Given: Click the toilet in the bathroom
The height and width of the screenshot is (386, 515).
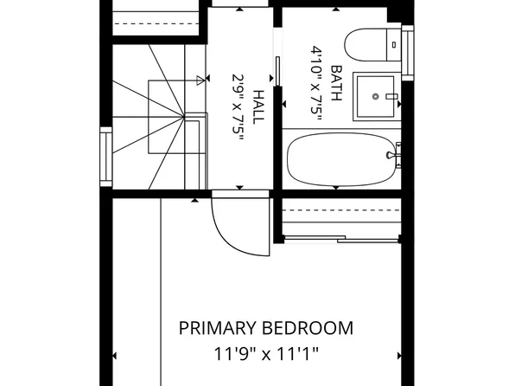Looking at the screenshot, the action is click(372, 45).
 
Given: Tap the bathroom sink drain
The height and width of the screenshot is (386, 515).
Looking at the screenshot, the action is click(376, 96).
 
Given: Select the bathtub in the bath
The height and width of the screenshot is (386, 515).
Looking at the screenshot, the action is click(341, 159).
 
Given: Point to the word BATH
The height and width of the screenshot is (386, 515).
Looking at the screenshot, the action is click(336, 84).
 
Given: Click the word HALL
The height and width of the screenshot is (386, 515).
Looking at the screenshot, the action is click(258, 107).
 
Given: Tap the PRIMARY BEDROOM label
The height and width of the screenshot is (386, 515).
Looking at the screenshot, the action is click(266, 328).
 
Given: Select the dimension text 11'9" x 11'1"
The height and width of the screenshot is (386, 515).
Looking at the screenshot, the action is click(266, 354).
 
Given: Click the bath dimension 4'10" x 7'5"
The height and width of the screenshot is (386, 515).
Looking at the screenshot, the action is click(315, 84).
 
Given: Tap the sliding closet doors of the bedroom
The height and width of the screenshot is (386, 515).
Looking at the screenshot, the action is click(341, 239).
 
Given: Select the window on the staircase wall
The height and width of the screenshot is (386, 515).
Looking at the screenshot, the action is click(105, 157).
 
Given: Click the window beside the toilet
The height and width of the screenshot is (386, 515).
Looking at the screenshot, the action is click(407, 53).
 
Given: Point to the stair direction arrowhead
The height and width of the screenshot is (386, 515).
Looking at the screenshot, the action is click(200, 80).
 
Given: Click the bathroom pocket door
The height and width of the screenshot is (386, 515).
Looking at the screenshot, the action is click(277, 71).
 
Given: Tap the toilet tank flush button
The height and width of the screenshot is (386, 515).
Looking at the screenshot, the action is click(394, 45).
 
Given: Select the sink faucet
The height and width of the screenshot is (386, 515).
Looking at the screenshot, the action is click(391, 96).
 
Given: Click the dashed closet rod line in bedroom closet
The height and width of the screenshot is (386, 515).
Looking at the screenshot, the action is click(341, 210).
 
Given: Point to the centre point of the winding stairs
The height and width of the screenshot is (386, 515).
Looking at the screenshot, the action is click(183, 116).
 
